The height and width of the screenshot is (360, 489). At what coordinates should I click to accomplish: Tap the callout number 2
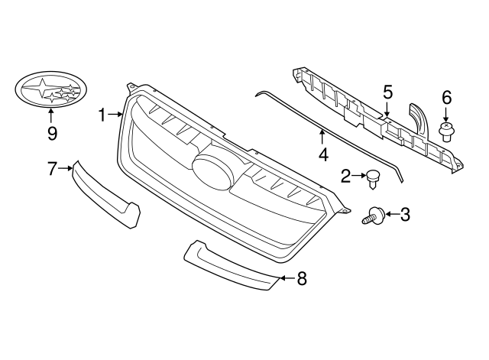coord(346,177)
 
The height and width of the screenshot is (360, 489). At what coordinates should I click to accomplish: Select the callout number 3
coord(405,215)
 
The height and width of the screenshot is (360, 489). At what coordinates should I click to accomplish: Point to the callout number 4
coord(323,155)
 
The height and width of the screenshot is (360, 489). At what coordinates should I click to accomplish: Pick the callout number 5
coord(387,92)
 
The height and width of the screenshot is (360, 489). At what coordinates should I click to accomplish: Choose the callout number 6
coord(446,97)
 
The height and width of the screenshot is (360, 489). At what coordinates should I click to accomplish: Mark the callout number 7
coord(52,168)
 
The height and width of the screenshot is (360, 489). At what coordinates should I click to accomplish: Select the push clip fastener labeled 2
coord(373,178)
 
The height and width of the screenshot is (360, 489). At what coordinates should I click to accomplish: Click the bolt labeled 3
coord(374,216)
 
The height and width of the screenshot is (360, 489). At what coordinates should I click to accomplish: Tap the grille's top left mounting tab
coord(132,85)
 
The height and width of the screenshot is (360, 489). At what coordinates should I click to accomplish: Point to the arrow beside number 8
coord(284,279)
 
